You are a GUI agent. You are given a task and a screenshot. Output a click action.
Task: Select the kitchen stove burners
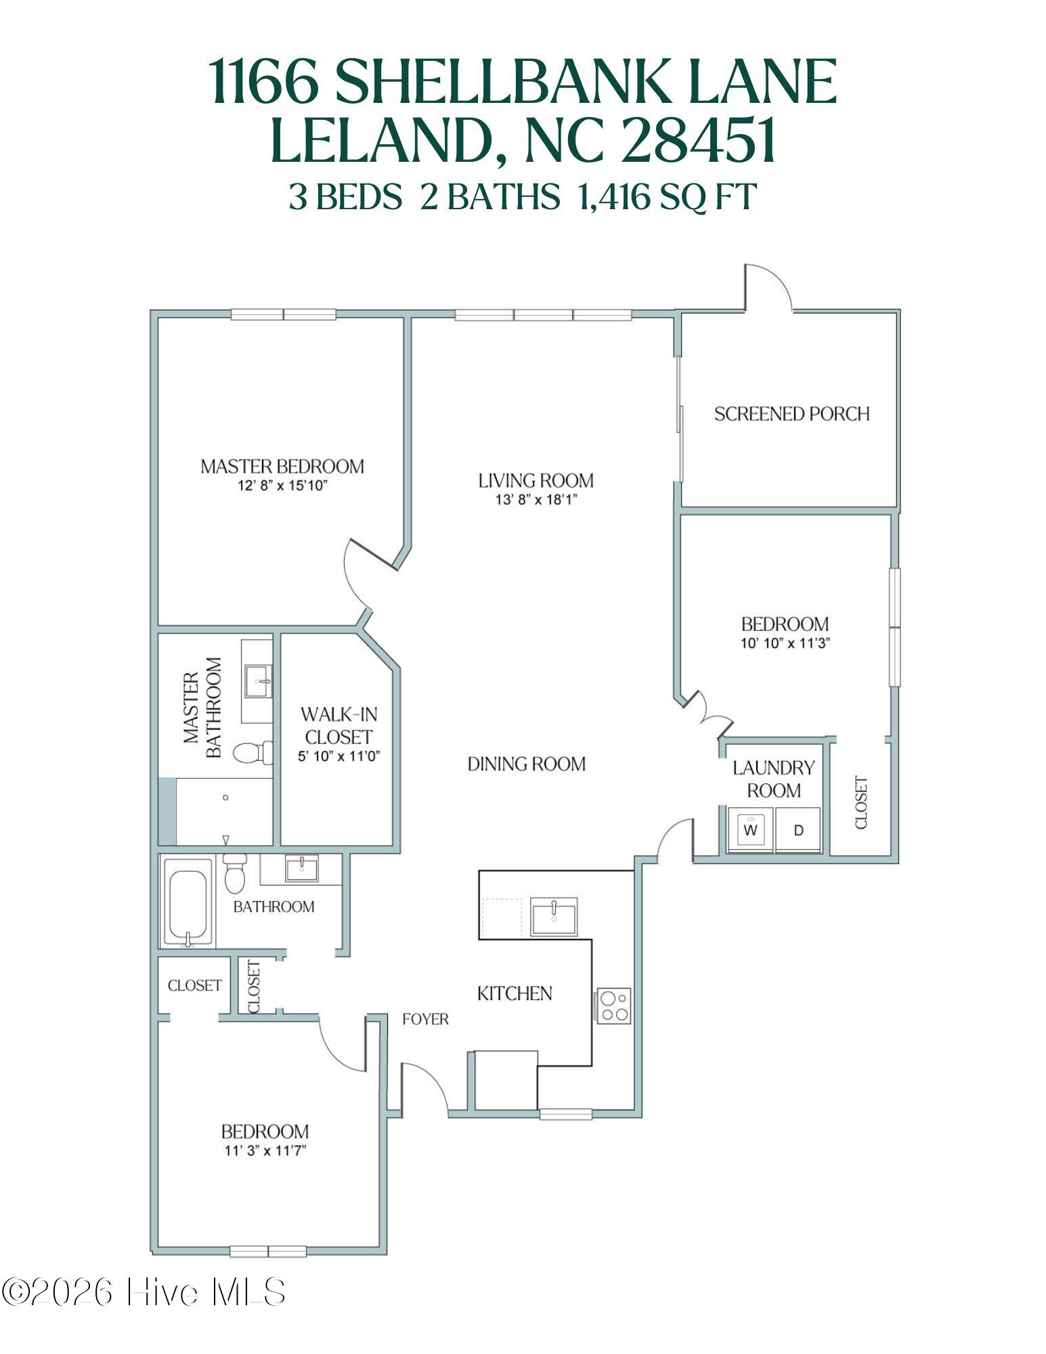pyautogui.click(x=613, y=1005)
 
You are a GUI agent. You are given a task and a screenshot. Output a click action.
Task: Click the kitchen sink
pyautogui.click(x=553, y=917)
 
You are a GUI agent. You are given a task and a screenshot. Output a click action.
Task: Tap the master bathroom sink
pyautogui.click(x=258, y=679)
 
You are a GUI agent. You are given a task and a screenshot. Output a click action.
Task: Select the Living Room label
pyautogui.click(x=536, y=481)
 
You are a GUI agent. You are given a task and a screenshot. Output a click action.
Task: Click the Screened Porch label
pyautogui.click(x=791, y=414)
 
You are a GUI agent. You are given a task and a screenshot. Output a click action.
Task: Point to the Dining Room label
pyautogui.click(x=526, y=764)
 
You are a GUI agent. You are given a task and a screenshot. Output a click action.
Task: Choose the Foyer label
pyautogui.click(x=425, y=1019)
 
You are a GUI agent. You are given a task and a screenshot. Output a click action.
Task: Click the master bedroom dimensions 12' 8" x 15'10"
pyautogui.click(x=282, y=485)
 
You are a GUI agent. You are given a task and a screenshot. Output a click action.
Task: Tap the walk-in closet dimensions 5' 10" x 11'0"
pyautogui.click(x=339, y=756)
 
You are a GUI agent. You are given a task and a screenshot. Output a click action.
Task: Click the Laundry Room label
pyautogui.click(x=773, y=779)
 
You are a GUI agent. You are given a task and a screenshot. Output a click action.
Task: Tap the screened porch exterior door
pyautogui.click(x=768, y=288)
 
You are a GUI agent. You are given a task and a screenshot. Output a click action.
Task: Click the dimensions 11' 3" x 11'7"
pyautogui.click(x=265, y=1150)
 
